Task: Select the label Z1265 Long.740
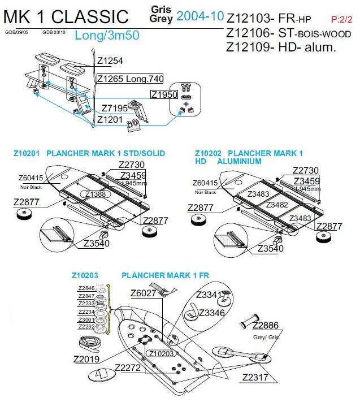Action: pyautogui.click(x=130, y=79)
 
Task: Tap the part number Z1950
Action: pyautogui.click(x=164, y=94)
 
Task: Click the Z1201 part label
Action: pyautogui.click(x=110, y=119)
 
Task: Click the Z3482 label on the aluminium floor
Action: pyautogui.click(x=277, y=205)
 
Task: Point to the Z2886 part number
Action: pyautogui.click(x=265, y=326)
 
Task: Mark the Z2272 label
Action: pyautogui.click(x=127, y=368)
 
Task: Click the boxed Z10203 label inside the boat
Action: pyautogui.click(x=161, y=353)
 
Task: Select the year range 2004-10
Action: pyautogui.click(x=200, y=16)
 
